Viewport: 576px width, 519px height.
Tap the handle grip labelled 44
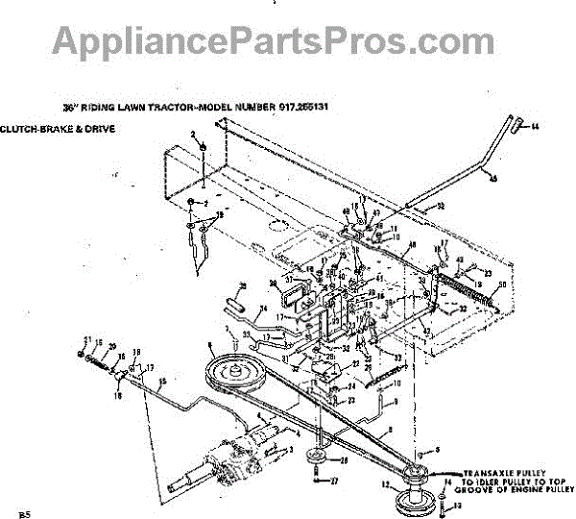click(x=519, y=123)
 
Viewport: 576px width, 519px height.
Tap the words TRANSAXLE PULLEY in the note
click(x=504, y=473)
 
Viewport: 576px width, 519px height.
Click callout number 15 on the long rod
click(x=162, y=383)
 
